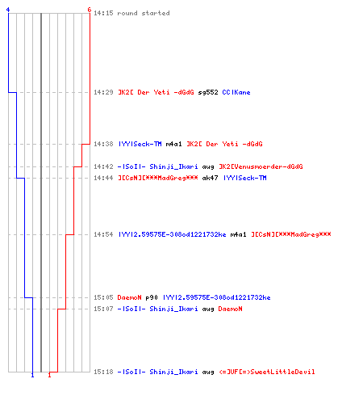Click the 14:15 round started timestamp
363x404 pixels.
[103, 13]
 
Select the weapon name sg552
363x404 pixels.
[208, 92]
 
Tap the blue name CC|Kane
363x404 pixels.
[236, 92]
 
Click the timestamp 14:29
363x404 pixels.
[103, 92]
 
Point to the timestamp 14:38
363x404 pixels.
[103, 144]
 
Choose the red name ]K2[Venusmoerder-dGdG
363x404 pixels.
[261, 166]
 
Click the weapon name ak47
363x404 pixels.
[210, 178]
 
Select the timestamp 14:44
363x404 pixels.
[103, 178]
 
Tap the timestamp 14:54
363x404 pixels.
[103, 234]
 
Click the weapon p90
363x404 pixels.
[152, 297]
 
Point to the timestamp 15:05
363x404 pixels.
[103, 297]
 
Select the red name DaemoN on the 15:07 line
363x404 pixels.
[230, 309]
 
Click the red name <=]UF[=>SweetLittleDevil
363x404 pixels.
[267, 372]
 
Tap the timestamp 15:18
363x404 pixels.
[103, 372]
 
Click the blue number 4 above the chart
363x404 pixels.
[8, 10]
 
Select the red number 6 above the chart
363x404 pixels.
[90, 10]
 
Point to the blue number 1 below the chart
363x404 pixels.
[32, 375]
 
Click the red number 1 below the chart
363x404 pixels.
[49, 375]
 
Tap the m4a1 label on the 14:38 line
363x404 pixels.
[173, 144]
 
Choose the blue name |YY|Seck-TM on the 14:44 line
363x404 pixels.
[245, 178]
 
